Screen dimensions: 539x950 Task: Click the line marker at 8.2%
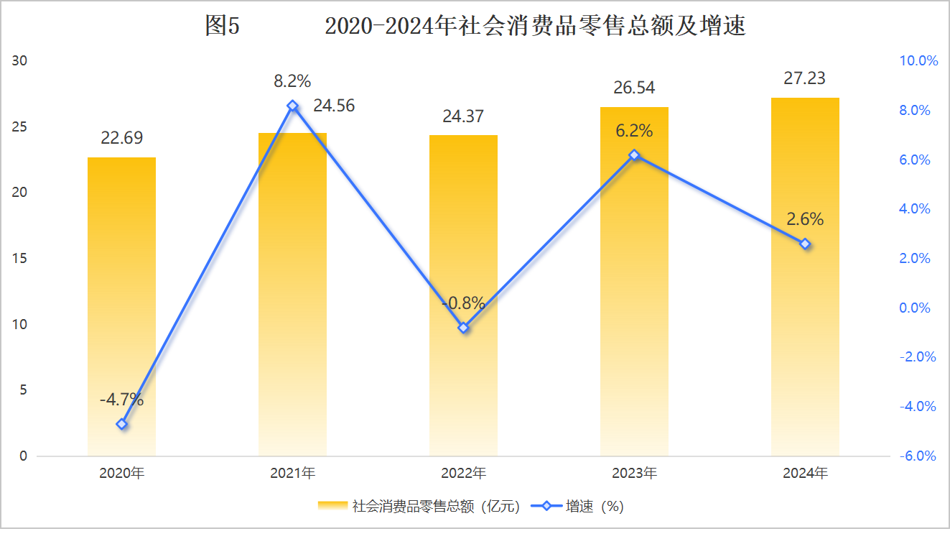click(x=292, y=106)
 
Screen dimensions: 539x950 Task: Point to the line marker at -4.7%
click(x=121, y=424)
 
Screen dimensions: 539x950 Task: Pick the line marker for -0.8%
click(x=463, y=328)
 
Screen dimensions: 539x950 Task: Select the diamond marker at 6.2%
click(x=634, y=155)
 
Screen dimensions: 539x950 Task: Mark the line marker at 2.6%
click(x=805, y=244)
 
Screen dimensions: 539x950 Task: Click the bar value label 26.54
click(x=634, y=88)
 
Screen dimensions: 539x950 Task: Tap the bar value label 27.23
click(x=804, y=78)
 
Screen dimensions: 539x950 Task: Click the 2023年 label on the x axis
click(x=634, y=474)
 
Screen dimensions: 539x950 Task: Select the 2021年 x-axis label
click(x=292, y=474)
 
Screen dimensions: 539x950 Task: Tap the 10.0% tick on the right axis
click(x=918, y=61)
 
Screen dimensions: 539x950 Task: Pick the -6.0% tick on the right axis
click(x=918, y=456)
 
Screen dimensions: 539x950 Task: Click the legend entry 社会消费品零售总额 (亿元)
click(x=419, y=506)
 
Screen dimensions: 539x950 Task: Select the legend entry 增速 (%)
click(x=577, y=506)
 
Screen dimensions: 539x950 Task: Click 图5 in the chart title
click(x=221, y=27)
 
